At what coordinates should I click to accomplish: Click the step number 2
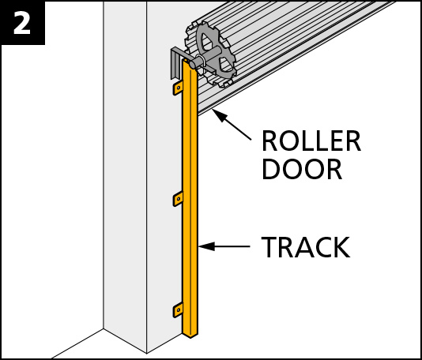[x=22, y=23]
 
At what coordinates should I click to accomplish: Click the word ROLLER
[x=311, y=141]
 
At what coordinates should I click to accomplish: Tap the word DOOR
[x=302, y=170]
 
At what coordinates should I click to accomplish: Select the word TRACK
[x=306, y=247]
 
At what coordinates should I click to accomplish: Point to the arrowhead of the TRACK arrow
[x=207, y=246]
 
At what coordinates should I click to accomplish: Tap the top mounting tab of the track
[x=178, y=88]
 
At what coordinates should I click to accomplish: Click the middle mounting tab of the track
[x=178, y=199]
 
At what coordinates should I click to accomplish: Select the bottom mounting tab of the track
[x=178, y=310]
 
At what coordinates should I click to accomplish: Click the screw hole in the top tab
[x=178, y=88]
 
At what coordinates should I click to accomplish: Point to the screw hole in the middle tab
[x=178, y=199]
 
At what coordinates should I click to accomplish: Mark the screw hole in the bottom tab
[x=178, y=309]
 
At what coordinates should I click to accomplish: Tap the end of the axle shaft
[x=193, y=65]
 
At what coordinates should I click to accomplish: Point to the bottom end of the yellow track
[x=190, y=335]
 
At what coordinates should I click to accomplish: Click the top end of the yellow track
[x=190, y=62]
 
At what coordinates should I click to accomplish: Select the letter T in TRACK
[x=269, y=247]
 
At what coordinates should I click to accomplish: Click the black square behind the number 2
[x=22, y=22]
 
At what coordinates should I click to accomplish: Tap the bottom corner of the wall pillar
[x=147, y=353]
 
